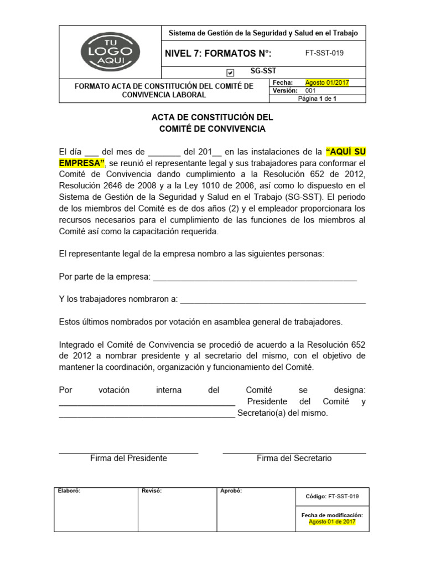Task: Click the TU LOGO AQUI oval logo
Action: pos(110,52)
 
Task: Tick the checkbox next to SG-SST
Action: pos(231,73)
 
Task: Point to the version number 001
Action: pos(310,91)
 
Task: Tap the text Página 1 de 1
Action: pos(317,99)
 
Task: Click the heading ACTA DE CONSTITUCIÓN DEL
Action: pos(212,118)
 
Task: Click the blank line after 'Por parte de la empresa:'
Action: pos(255,277)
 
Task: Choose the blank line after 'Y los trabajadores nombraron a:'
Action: pos(273,299)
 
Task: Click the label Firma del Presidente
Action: pos(128,458)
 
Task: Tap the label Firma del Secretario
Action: pos(294,458)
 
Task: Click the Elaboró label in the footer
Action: pos(69,491)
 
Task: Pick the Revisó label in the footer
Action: pos(152,491)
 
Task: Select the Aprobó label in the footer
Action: pos(231,491)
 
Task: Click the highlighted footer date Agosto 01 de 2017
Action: pos(332,522)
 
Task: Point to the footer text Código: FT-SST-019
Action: pos(332,497)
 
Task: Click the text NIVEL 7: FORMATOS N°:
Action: pos(218,54)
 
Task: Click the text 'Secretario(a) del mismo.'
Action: pos(282,413)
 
